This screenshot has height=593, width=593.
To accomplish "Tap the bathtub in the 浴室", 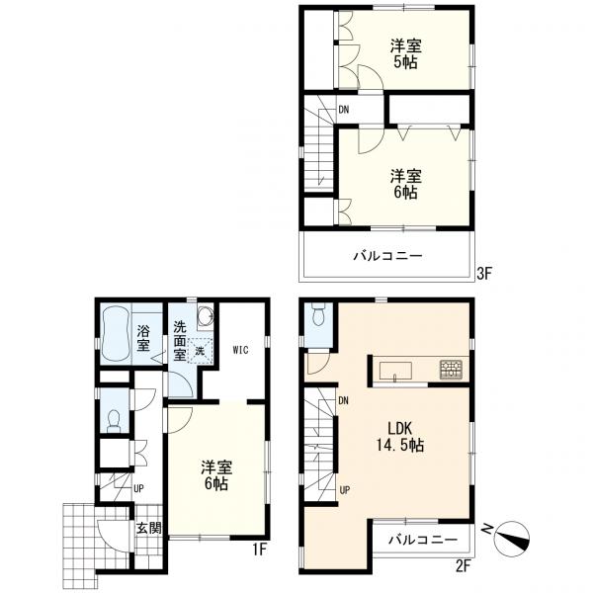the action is tap(117, 335).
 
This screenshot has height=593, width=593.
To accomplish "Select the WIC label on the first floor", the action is tap(240, 350).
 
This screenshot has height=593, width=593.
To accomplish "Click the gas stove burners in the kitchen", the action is tap(451, 370).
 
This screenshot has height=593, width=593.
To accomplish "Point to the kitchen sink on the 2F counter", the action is tap(395, 371).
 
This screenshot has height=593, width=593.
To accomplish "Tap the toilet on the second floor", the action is tap(319, 314).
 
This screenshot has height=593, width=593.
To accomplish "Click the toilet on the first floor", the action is tap(114, 421).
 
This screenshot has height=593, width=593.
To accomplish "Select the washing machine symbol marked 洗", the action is tap(200, 351).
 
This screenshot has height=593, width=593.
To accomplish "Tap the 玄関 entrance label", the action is tap(149, 528).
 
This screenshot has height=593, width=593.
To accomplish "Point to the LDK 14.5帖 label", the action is tap(399, 437).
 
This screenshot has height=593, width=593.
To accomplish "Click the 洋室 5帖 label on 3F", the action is tap(406, 53).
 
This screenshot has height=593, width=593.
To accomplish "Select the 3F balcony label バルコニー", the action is tap(387, 256).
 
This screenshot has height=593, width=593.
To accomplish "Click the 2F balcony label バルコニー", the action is tap(423, 540).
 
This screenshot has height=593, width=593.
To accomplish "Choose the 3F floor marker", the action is tap(483, 273).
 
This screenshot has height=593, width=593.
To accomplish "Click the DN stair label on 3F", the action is tap(343, 110).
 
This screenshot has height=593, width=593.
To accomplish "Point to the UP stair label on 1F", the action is tap(138, 488).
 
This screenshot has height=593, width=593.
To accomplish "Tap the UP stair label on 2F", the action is tap(345, 490).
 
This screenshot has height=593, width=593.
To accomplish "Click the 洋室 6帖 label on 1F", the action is tap(216, 475).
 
